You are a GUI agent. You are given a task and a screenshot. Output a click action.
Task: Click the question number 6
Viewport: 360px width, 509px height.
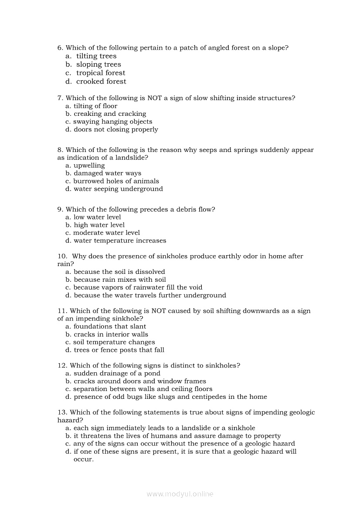[x=60, y=48]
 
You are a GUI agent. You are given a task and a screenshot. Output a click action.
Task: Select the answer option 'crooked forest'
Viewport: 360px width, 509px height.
[x=101, y=81]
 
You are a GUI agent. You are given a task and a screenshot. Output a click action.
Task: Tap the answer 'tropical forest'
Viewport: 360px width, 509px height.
[x=101, y=73]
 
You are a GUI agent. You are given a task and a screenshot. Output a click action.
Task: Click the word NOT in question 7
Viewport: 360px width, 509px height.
[x=155, y=98]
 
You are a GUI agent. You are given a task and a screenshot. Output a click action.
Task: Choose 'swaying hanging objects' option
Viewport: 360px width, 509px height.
[x=113, y=122]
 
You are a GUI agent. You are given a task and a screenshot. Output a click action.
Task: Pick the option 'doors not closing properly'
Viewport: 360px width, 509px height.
[x=116, y=130]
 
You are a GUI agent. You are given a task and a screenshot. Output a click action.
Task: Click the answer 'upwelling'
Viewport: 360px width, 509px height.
[x=89, y=166]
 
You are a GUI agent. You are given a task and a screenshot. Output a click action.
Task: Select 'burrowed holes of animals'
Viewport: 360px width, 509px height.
[x=116, y=182]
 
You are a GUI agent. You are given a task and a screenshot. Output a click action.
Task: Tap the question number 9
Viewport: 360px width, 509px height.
[x=60, y=209]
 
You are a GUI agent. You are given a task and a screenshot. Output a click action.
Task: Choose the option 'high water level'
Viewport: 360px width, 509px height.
[x=99, y=225]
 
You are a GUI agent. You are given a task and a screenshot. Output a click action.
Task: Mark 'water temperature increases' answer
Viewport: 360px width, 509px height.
[x=120, y=241]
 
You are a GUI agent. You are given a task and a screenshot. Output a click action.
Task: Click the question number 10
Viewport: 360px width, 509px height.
[x=62, y=256]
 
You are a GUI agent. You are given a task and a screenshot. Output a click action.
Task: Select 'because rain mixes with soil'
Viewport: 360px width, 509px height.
[x=120, y=280]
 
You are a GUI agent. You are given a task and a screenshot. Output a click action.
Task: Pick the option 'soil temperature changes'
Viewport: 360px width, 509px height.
[x=114, y=342]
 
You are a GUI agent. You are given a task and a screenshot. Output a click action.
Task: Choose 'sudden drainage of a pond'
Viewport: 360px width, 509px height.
[x=117, y=374]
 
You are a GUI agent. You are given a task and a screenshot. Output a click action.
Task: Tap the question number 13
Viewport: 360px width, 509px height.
[x=62, y=412]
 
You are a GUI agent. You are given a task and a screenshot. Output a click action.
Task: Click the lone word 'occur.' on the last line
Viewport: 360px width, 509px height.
[x=84, y=459]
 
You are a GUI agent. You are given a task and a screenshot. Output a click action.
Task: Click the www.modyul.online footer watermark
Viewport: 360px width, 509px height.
[x=180, y=494]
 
